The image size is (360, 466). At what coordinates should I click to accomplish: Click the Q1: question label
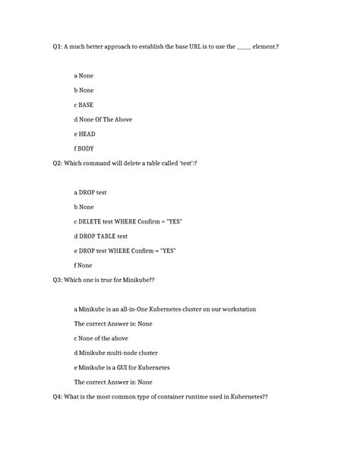tap(57, 47)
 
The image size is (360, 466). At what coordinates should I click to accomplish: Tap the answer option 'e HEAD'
tap(84, 134)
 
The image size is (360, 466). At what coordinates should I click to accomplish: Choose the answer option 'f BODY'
tap(84, 148)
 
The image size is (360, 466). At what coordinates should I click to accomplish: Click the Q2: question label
tap(57, 163)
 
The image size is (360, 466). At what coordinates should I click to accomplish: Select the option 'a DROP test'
tap(90, 192)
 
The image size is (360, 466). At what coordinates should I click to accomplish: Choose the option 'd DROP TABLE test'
tap(100, 236)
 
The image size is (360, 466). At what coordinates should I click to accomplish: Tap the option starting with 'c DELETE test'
tap(128, 221)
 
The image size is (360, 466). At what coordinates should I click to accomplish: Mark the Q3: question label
tap(57, 280)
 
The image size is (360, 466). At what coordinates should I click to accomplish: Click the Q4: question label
tap(57, 397)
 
